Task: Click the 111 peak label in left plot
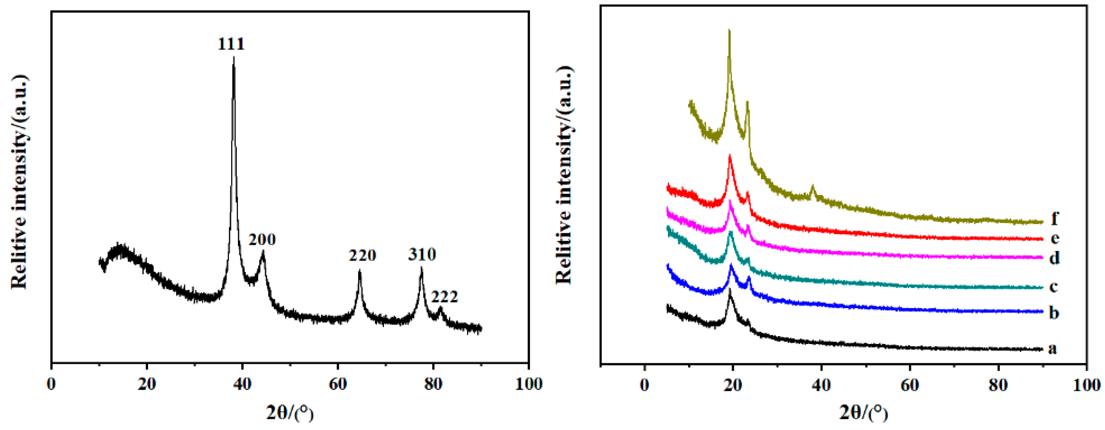pos(231,44)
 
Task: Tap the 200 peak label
pos(262,239)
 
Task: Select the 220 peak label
pos(362,256)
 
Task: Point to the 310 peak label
pos(422,255)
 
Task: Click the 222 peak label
pos(444,297)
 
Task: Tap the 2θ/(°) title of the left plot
pos(290,413)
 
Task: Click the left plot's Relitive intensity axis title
pos(19,182)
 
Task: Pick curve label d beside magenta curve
pos(1054,257)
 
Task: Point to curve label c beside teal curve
pos(1054,286)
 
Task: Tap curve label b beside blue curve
pos(1054,313)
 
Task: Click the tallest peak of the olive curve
pos(729,31)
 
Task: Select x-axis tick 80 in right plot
pos(998,385)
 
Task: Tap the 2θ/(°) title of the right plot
pos(863,413)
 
